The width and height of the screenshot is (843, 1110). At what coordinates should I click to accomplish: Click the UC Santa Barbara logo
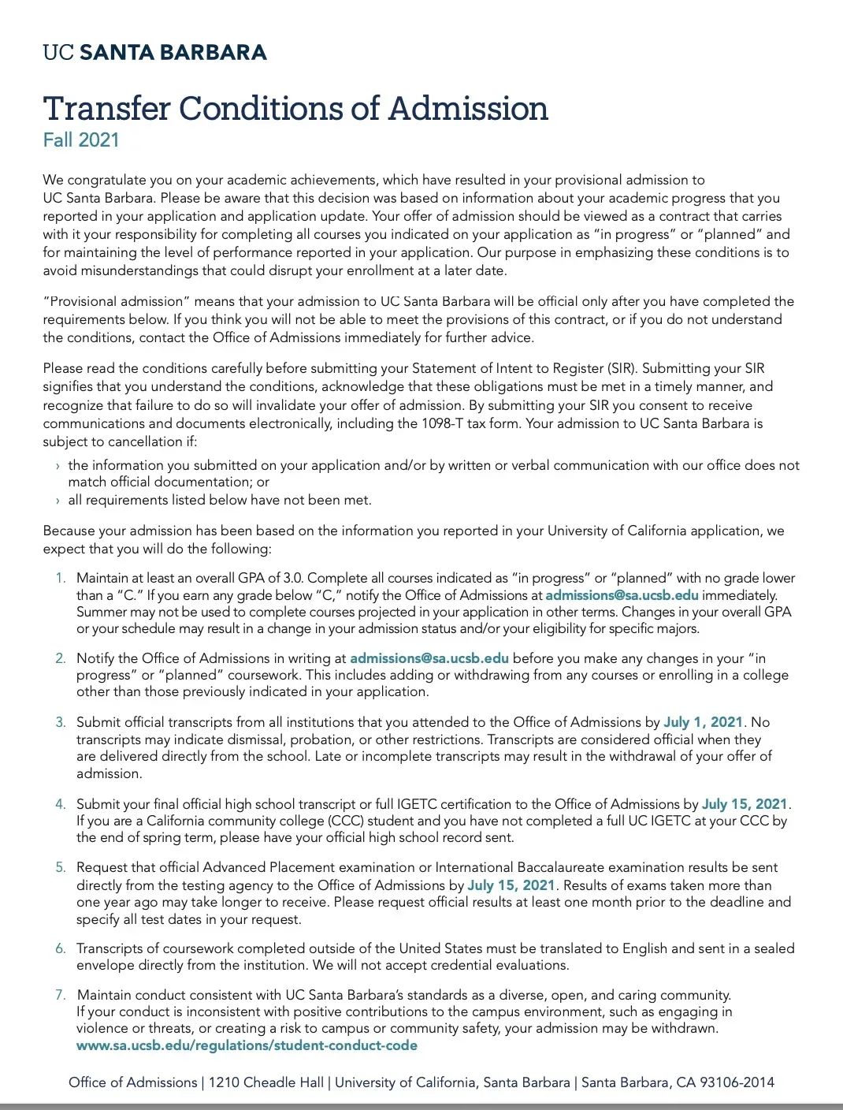pos(154,53)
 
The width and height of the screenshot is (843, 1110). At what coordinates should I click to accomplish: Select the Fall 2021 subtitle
pos(81,140)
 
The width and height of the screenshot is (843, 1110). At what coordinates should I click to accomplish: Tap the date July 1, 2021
pos(704,722)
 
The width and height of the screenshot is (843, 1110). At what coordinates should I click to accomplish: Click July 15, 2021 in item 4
pos(745,804)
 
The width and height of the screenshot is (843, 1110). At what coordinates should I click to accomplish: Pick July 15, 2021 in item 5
pos(511,885)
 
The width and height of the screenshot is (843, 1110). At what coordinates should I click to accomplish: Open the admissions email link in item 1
pos(622,595)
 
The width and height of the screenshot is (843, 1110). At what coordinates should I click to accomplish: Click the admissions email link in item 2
pos(429,658)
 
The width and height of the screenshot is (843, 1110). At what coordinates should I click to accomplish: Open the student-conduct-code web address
pos(247,1045)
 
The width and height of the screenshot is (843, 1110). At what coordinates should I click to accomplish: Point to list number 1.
pos(61,579)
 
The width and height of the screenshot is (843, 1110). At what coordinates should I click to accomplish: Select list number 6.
pos(61,948)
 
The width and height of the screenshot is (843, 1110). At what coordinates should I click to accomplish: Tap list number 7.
pos(61,995)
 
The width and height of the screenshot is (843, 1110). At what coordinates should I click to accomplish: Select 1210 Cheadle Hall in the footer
pos(266,1082)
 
